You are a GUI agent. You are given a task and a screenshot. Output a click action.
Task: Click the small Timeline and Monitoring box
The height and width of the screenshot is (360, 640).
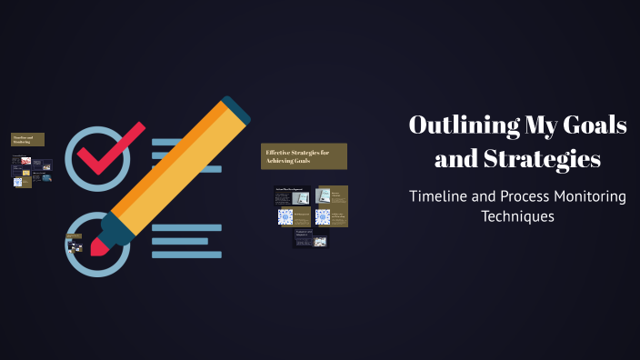(27, 139)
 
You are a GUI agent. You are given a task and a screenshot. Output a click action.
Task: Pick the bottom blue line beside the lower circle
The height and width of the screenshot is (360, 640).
(186, 255)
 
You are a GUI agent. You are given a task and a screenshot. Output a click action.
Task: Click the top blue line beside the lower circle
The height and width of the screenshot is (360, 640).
(186, 227)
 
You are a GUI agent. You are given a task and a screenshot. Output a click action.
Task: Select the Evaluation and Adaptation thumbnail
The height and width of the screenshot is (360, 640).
(310, 238)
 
